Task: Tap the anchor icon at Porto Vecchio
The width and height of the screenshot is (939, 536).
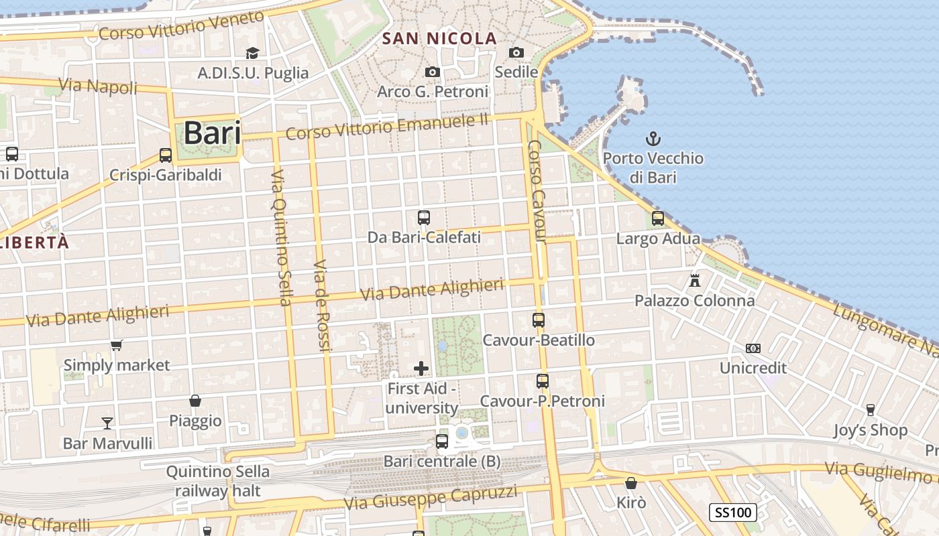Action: click(x=653, y=139)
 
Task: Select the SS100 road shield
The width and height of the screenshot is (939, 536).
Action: click(x=733, y=513)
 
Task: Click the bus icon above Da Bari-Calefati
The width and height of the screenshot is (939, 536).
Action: click(x=424, y=218)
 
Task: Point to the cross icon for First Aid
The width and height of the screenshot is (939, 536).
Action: click(x=421, y=368)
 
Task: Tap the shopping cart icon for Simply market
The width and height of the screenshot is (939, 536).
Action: click(x=117, y=346)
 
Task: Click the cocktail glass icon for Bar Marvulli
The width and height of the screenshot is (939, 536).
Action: click(x=107, y=423)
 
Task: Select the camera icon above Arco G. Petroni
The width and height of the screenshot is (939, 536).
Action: click(x=433, y=72)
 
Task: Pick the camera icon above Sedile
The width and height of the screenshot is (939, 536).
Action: click(x=516, y=52)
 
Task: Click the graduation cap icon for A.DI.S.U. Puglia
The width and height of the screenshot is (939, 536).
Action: click(x=253, y=53)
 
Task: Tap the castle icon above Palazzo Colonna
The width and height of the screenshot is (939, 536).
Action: click(x=695, y=280)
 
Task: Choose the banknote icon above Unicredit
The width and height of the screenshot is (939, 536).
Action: click(x=753, y=348)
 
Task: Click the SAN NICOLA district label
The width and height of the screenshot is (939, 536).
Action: click(x=439, y=39)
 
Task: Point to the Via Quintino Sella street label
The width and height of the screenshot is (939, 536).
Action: click(x=281, y=238)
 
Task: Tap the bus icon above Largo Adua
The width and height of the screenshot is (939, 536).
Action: click(x=658, y=218)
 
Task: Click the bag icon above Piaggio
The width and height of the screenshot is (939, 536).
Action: click(x=195, y=401)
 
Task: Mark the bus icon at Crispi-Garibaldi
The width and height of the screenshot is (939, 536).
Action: click(x=166, y=155)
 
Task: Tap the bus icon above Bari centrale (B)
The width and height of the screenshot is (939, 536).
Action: click(x=442, y=441)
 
